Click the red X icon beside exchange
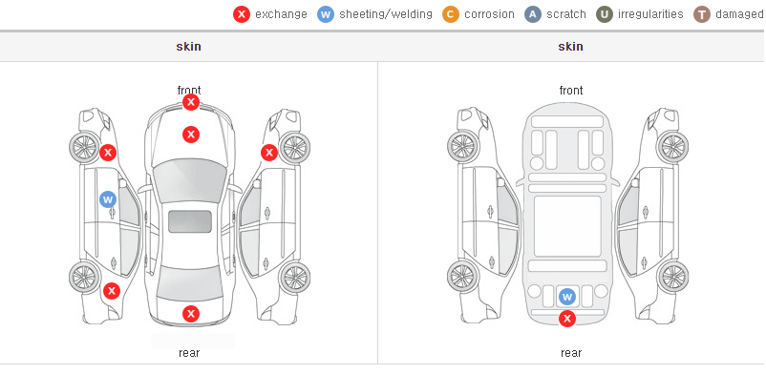coord(242,14)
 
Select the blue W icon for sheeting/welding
coord(326,14)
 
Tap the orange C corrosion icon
coord(451,14)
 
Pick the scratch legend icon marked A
coord(533,14)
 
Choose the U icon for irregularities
coord(605,14)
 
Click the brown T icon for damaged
coord(701,14)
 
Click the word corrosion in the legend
coord(489,14)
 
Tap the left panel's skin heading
coord(188,47)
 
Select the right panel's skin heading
coord(570,47)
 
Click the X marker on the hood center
coord(191,135)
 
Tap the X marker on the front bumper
coord(191,102)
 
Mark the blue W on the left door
coord(108,199)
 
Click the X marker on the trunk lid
coord(191,314)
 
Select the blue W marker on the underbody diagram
coord(567,297)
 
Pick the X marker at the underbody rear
coord(567,319)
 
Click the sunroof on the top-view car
coord(190,221)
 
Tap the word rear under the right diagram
coord(570,353)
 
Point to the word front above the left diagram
coord(189,91)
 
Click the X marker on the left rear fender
coord(112,292)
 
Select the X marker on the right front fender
coord(269,153)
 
